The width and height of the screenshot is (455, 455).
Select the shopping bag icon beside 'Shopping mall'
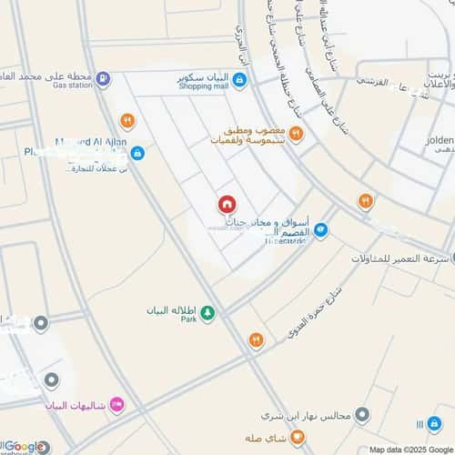pyautogui.click(x=238, y=80)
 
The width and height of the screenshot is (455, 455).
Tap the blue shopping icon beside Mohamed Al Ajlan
pyautogui.click(x=136, y=153)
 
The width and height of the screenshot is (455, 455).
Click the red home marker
pyautogui.click(x=226, y=206)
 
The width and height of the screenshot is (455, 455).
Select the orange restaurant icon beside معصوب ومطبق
pyautogui.click(x=296, y=134)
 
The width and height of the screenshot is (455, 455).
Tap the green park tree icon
pyautogui.click(x=208, y=314)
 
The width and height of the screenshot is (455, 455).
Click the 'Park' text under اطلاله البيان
pyautogui.click(x=188, y=320)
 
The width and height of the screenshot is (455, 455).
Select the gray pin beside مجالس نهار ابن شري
pyautogui.click(x=363, y=416)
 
